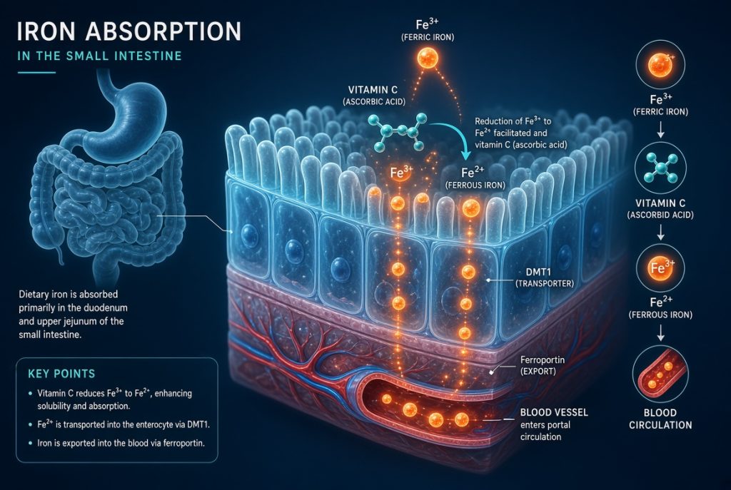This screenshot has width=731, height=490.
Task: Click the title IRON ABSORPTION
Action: [129, 31]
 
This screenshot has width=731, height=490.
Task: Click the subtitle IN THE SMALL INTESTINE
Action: [99, 56]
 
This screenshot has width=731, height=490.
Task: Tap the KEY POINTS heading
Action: [61, 374]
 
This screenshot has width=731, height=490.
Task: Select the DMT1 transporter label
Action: [545, 277]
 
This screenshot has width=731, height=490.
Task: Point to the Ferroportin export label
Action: [543, 366]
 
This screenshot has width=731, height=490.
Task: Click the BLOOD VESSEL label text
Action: [554, 412]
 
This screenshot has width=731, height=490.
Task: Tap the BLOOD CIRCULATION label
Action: [660, 419]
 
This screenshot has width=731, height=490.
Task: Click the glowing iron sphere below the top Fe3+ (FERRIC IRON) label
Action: [428, 58]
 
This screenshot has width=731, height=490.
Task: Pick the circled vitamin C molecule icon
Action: [660, 168]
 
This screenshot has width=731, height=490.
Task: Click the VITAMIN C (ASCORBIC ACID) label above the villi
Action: [374, 96]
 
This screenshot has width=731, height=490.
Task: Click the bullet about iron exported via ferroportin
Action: [121, 443]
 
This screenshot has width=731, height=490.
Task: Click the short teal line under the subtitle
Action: [36, 73]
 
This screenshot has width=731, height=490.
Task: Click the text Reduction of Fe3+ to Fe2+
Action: [513, 127]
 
